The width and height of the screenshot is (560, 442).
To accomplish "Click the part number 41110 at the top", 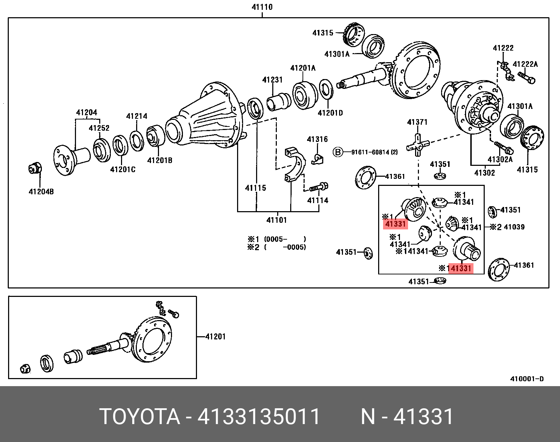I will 262,7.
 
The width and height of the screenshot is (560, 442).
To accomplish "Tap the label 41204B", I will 41,192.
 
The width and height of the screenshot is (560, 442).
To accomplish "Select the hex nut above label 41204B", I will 35,168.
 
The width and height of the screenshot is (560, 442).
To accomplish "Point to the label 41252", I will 99,128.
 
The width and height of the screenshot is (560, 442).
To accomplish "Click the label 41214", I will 136,116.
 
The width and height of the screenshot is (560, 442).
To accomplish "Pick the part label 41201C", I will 123,170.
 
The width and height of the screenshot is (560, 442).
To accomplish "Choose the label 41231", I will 272,80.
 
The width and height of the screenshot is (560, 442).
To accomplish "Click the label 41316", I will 317,139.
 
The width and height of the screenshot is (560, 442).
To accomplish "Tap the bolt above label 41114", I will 319,187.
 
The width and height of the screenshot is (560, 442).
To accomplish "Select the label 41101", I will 276,220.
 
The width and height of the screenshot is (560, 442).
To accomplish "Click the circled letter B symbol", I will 338,152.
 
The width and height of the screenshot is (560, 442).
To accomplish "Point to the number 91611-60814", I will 370,152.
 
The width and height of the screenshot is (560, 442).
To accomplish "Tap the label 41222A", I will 525,64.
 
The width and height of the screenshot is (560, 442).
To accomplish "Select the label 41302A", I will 500,160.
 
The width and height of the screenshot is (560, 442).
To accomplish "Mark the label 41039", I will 514,227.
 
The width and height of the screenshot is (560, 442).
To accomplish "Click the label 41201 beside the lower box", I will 215,337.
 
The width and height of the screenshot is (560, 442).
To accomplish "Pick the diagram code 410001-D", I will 527,379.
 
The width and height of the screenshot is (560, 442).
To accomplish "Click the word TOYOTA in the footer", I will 140,417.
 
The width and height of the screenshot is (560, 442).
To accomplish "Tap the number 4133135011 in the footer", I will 259,417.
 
